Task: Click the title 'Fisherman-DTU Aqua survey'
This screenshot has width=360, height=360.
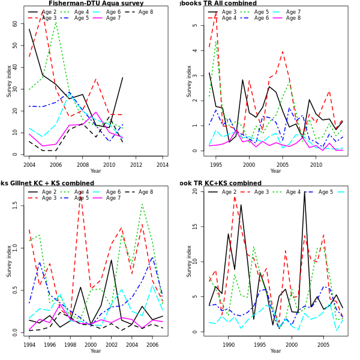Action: (x=96, y=4)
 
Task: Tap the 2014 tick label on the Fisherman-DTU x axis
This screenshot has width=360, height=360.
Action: (x=162, y=164)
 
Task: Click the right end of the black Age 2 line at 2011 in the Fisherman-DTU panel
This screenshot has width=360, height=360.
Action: (x=122, y=77)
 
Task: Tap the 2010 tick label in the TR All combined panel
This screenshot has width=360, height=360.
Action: (x=316, y=164)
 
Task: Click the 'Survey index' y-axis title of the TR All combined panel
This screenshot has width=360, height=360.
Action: (x=190, y=81)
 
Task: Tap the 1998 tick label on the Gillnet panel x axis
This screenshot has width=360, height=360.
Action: (x=70, y=345)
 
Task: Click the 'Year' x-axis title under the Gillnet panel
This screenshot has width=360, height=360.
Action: (x=95, y=351)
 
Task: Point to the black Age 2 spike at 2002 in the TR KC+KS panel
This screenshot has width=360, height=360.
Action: (x=304, y=192)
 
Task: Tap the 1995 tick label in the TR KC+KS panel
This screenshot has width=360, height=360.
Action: (x=260, y=345)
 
